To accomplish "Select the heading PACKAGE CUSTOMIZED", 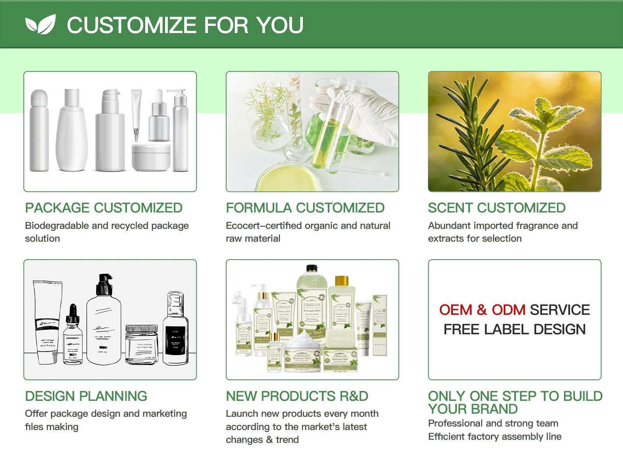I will click(104, 208).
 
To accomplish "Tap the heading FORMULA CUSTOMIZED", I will click(305, 208).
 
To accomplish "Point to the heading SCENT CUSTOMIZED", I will click(496, 208).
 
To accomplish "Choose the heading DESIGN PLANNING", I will click(86, 396).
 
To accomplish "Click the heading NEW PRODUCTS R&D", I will click(297, 396).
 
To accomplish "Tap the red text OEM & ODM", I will click(482, 310).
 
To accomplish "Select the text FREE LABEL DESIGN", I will click(514, 330).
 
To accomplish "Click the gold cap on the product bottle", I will click(341, 281).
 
